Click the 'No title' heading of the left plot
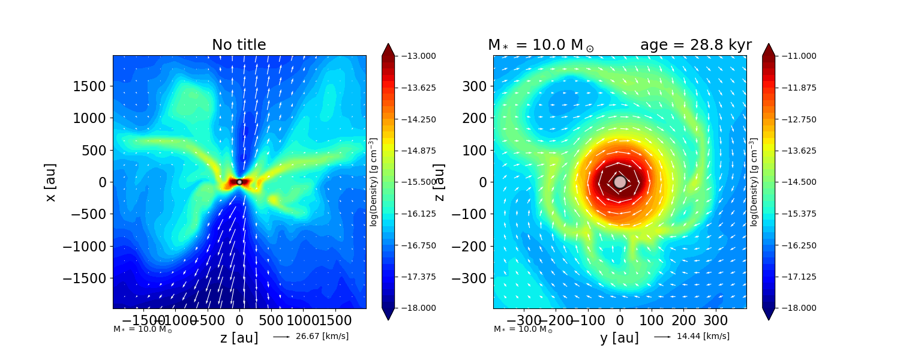239,45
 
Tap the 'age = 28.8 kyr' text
695,45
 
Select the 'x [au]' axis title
50,182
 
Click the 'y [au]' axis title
619,338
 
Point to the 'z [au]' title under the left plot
239,338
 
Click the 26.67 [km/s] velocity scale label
322,337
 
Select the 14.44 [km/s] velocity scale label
703,337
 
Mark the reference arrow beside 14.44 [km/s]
662,337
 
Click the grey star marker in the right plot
620,182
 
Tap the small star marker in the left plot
239,182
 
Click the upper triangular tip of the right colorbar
768,48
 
